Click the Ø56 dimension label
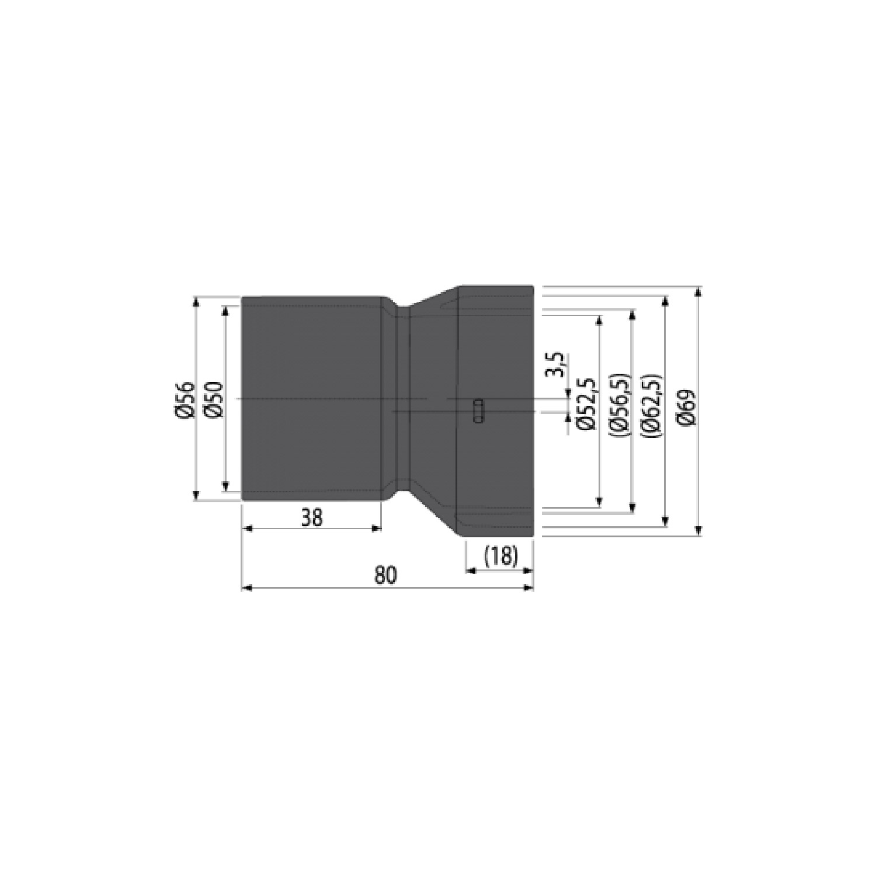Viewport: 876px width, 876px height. (185, 400)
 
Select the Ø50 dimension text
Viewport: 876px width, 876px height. (214, 400)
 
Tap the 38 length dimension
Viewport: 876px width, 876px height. (312, 517)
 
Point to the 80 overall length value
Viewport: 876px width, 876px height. (385, 575)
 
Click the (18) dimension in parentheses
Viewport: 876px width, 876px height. (501, 556)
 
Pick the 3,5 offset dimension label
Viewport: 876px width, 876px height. (557, 365)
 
